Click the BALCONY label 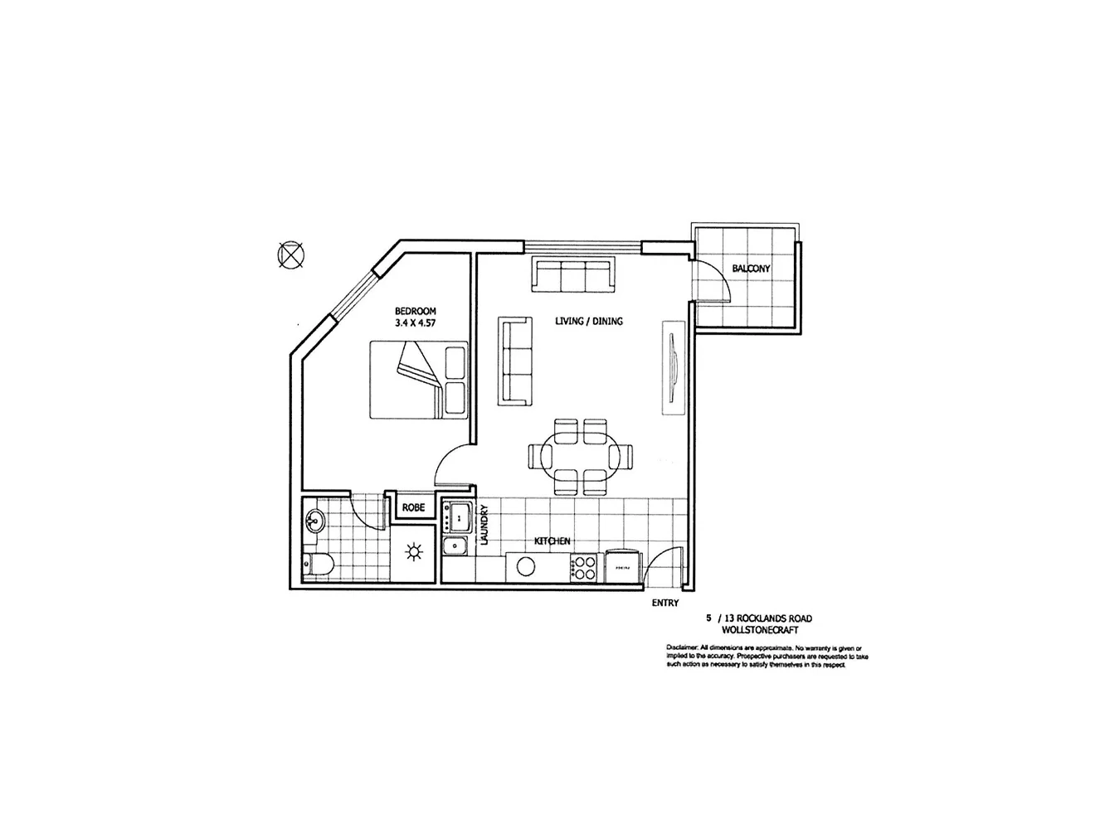[x=751, y=269]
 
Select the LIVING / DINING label [x=588, y=321]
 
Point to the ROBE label [x=413, y=507]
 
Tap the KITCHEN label [x=552, y=541]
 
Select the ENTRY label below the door [x=665, y=603]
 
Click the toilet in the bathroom [x=318, y=564]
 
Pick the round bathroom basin [x=314, y=521]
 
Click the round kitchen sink [x=525, y=566]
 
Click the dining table [x=579, y=456]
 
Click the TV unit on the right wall [x=671, y=367]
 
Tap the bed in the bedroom [x=418, y=380]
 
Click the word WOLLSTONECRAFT [x=760, y=630]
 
